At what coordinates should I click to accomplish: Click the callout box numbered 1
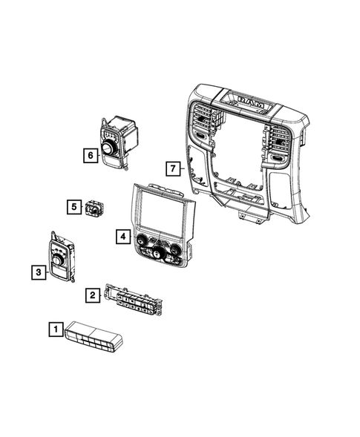(x=55, y=326)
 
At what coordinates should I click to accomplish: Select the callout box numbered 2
(x=91, y=295)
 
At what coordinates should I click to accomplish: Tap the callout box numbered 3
(x=36, y=274)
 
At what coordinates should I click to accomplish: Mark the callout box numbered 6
(x=89, y=155)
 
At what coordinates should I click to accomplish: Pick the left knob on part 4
(x=141, y=239)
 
